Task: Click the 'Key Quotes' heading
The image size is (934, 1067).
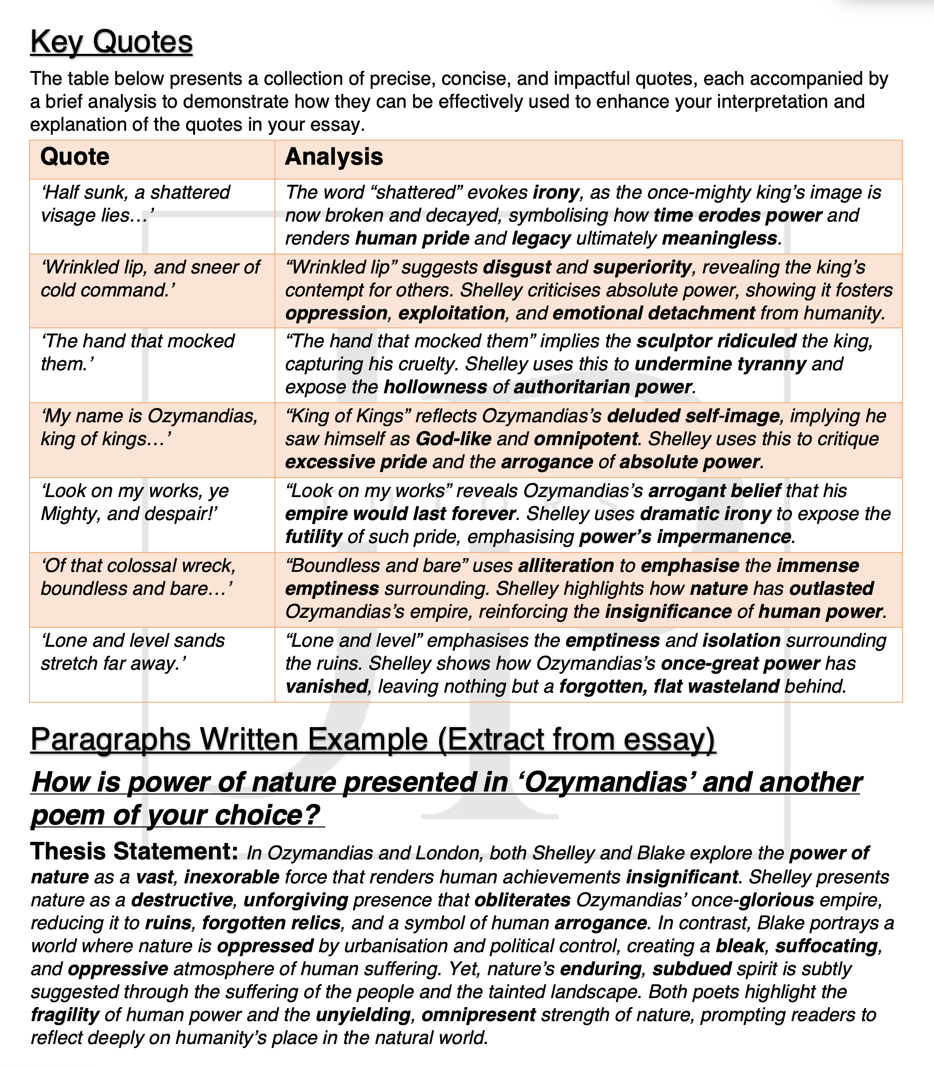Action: pos(111,42)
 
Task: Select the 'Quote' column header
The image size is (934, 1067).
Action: pos(74,157)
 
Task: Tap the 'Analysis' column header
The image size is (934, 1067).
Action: pos(334,157)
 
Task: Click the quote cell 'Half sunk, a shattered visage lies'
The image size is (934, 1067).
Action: pos(136,204)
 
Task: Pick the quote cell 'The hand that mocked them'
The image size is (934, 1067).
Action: pos(138,352)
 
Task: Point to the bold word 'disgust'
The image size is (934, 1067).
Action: pos(516,267)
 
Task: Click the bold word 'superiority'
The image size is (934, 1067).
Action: pos(642,267)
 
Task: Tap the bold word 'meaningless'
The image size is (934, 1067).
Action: pos(719,239)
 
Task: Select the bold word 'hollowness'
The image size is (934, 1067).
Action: pos(435,387)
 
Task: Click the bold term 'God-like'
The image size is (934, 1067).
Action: pos(453,439)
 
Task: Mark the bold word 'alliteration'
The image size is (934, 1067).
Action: pos(565,565)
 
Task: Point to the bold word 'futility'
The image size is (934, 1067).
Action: pos(313,536)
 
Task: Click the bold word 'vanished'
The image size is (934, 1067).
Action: pos(326,687)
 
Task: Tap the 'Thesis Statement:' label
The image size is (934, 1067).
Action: pos(134,852)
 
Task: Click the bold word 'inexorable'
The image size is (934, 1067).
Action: pos(232,877)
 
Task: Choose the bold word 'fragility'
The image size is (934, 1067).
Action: pos(65,1015)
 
